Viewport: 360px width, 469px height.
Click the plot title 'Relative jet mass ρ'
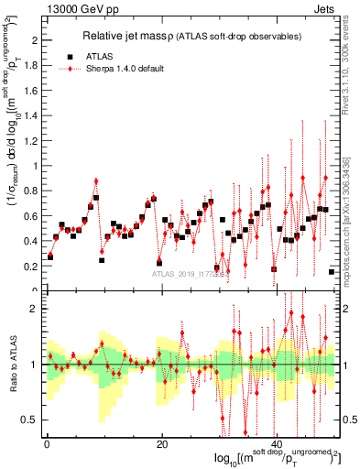pos(147,36)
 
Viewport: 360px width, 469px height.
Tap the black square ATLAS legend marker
pos(70,55)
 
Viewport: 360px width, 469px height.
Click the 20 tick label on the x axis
pos(162,445)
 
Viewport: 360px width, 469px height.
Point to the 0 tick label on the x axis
pos(47,445)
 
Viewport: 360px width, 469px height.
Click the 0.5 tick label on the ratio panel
pos(30,420)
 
